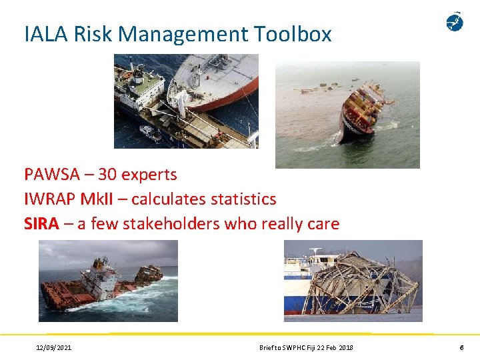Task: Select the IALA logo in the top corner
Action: point(455,22)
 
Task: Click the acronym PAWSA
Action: point(52,175)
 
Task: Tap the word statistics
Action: point(243,199)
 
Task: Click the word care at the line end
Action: point(323,224)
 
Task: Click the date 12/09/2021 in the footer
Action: point(54,347)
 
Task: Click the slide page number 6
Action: point(461,347)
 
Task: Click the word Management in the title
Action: point(181,34)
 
